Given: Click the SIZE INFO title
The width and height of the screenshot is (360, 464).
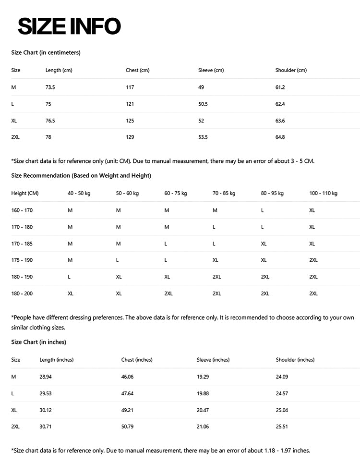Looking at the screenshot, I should click(69, 26).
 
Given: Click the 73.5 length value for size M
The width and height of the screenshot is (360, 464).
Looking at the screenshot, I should click(50, 87).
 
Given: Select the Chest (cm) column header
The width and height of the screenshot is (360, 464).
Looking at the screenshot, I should click(137, 71).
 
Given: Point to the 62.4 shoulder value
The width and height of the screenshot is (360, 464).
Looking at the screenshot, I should click(280, 104).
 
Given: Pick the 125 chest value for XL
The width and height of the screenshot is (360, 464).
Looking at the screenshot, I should click(130, 121).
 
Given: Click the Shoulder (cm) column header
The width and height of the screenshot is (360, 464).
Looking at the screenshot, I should click(291, 71).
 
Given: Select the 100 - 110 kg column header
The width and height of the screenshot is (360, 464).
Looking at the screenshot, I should click(323, 194).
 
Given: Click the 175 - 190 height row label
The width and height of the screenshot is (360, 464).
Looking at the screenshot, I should click(22, 260).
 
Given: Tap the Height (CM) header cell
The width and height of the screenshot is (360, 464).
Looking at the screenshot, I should click(24, 194).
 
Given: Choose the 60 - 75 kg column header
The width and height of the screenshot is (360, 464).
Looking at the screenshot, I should click(175, 194).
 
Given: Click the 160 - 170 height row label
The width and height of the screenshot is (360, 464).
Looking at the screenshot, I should click(22, 210).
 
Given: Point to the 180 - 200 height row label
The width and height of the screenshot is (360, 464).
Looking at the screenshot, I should click(22, 293).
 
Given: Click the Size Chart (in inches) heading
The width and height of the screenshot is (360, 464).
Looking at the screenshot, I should click(38, 342).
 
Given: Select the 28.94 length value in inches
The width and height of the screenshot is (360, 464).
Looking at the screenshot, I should click(46, 377).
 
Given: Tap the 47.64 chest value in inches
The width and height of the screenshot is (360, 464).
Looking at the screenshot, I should click(127, 394).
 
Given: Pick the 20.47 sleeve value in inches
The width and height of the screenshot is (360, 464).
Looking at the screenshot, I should click(203, 411).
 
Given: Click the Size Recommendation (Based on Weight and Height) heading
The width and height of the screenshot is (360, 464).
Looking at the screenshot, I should click(81, 176).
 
